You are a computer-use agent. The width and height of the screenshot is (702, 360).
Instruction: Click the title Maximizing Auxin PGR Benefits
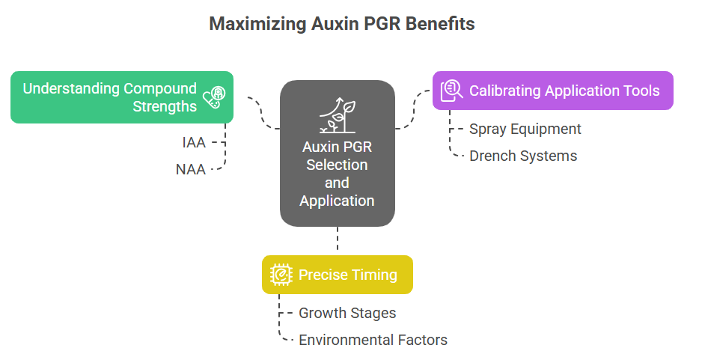click(342, 24)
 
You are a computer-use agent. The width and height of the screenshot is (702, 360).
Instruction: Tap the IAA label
click(194, 142)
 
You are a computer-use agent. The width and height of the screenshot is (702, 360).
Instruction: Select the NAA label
click(191, 169)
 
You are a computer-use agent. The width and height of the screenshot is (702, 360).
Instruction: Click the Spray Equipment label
click(525, 129)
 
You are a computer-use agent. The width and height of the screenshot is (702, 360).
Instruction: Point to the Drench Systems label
click(523, 156)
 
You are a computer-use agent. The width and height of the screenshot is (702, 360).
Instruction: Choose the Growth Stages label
click(347, 313)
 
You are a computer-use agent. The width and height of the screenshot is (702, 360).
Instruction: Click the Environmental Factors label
click(373, 340)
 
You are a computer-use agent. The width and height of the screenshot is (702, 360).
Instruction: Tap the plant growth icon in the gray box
click(338, 115)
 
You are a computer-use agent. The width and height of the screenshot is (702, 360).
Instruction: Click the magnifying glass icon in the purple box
click(451, 91)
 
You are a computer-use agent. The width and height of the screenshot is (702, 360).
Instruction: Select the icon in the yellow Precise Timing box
click(281, 275)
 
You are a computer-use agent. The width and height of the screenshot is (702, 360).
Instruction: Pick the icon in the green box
click(214, 97)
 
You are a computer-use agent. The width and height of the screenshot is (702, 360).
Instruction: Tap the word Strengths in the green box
click(165, 106)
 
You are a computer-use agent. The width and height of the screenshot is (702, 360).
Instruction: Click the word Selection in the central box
click(337, 165)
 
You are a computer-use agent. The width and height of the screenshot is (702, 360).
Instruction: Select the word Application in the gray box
click(337, 201)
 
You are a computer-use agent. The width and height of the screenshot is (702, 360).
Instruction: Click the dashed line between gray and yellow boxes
click(338, 238)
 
